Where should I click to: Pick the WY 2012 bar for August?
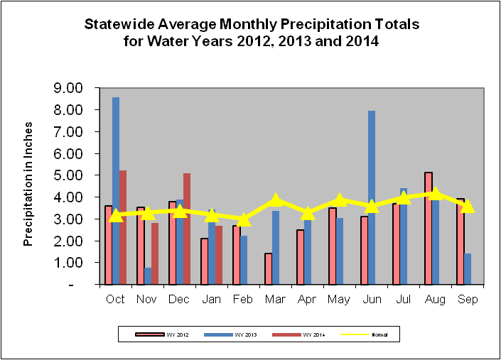pos(428,228)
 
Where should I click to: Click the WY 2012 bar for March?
pos(269,268)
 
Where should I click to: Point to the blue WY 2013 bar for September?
pos(468,268)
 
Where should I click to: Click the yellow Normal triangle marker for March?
pos(276,200)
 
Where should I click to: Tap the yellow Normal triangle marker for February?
pos(244,219)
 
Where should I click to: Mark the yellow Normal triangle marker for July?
pos(404,197)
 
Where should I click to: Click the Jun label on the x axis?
pos(371,300)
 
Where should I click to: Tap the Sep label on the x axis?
pos(467,300)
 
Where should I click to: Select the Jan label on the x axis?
pos(211,300)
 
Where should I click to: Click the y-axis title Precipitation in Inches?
pos(29,186)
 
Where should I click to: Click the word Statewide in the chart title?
pos(118,24)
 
